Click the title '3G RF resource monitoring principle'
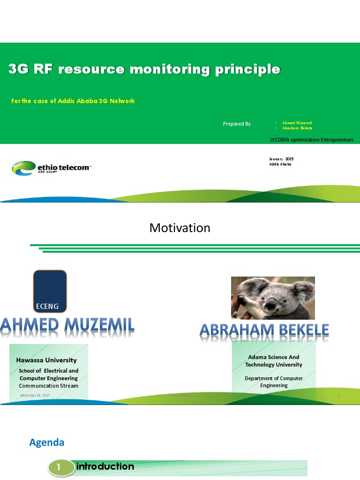pyautogui.click(x=144, y=70)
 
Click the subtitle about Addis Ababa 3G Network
pyautogui.click(x=73, y=101)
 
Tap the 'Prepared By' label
pyautogui.click(x=237, y=124)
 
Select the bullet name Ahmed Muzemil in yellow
pyautogui.click(x=297, y=123)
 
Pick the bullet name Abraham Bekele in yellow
pyautogui.click(x=297, y=128)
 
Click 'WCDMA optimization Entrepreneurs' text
pyautogui.click(x=312, y=140)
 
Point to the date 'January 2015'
pyautogui.click(x=281, y=159)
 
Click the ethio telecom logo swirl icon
pyautogui.click(x=23, y=167)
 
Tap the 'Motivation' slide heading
pyautogui.click(x=180, y=228)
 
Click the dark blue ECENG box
pyautogui.click(x=50, y=291)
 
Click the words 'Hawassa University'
pyautogui.click(x=46, y=360)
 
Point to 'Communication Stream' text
pyautogui.click(x=48, y=386)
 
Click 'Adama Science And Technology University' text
pyautogui.click(x=274, y=361)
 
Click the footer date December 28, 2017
pyautogui.click(x=35, y=396)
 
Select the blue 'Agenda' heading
pyautogui.click(x=46, y=442)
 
